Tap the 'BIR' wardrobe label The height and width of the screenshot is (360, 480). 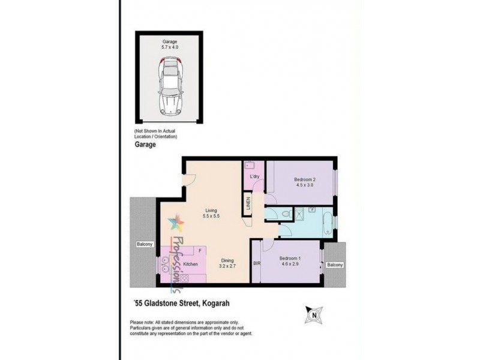257,263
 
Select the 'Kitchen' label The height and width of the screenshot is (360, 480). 191,264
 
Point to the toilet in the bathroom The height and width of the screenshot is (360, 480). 287,214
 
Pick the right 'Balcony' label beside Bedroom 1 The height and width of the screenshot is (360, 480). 335,265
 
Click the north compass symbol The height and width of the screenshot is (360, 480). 314,314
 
